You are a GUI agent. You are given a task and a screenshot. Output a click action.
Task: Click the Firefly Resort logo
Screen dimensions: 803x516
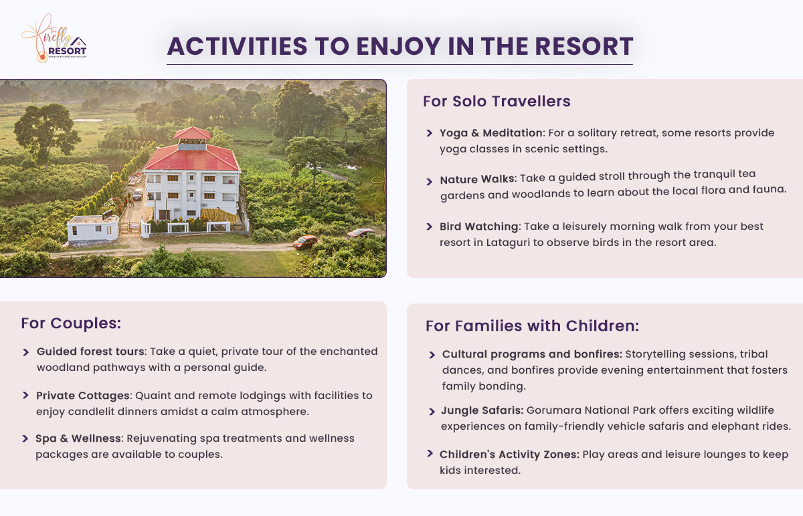pos(54,39)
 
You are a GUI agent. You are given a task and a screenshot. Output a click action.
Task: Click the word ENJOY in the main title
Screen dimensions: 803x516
pos(398,47)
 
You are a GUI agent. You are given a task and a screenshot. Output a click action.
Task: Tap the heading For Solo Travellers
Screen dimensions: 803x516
pos(497,102)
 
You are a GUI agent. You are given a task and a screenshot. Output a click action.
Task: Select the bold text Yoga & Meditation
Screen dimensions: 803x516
pos(490,133)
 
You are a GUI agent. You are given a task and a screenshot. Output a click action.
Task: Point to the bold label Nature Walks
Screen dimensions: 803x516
pos(477,179)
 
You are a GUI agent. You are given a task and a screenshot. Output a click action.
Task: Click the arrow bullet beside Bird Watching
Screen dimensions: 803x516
pos(429,227)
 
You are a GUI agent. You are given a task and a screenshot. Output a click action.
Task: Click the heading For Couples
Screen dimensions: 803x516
pos(71,324)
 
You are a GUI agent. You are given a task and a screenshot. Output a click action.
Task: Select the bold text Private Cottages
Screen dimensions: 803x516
pos(83,396)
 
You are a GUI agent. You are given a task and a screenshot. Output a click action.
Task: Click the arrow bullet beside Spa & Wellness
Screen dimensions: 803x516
pos(25,438)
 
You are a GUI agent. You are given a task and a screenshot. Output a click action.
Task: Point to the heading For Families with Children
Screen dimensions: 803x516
pos(533,326)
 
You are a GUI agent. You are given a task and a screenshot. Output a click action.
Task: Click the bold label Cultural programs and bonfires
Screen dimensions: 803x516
pos(532,354)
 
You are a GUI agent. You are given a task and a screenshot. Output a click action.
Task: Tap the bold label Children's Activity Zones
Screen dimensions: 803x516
pos(509,455)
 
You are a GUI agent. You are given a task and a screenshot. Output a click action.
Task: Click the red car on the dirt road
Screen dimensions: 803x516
pos(304,242)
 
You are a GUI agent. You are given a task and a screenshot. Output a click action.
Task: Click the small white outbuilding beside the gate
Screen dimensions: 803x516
pos(93,229)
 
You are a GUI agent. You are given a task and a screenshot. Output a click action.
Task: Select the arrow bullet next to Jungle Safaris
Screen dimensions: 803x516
pos(432,412)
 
